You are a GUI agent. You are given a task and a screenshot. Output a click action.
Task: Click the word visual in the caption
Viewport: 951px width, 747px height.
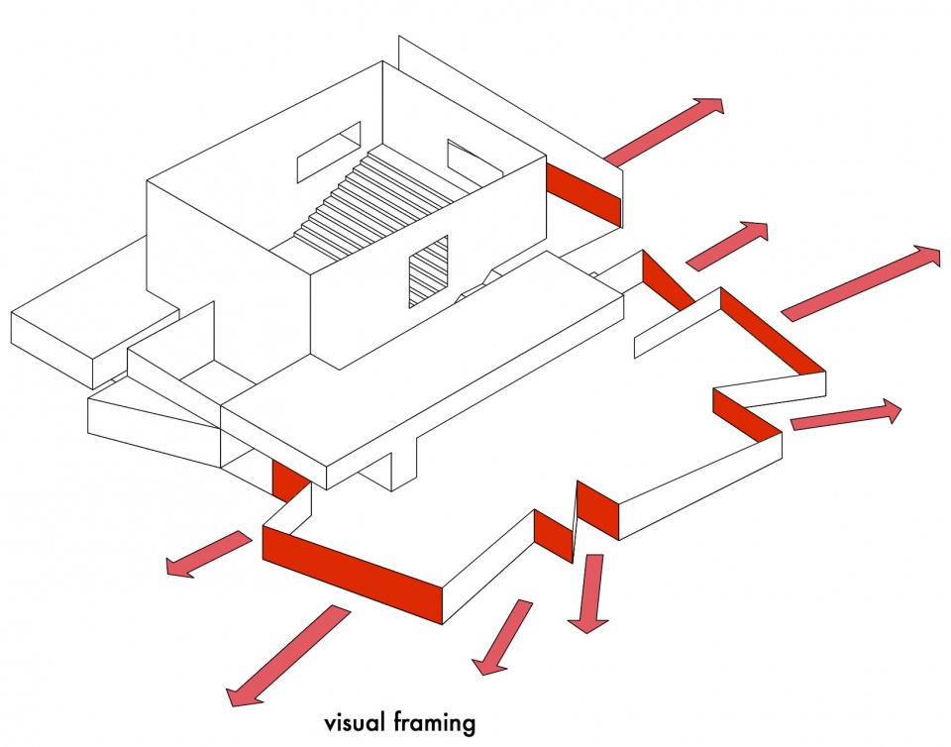click(355, 722)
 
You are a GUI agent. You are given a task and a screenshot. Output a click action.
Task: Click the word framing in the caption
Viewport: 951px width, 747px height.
click(434, 724)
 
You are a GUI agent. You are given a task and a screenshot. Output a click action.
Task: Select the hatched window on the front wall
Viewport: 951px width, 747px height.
click(428, 271)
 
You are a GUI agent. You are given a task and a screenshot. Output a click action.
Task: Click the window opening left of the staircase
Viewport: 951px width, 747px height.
click(328, 152)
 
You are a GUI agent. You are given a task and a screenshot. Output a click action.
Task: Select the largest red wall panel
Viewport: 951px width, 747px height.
click(353, 574)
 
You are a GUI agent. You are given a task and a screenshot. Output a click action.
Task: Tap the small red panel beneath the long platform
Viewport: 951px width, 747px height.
click(287, 480)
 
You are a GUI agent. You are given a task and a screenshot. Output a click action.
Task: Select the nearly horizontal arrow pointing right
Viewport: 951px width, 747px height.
click(846, 415)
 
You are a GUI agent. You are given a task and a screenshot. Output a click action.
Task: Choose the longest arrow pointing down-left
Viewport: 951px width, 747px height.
click(288, 656)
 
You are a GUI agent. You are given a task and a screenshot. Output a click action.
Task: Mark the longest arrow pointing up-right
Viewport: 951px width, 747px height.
click(861, 282)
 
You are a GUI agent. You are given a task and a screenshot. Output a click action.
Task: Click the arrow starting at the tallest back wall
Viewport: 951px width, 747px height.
click(664, 132)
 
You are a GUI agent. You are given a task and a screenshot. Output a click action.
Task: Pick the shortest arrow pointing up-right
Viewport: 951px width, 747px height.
click(727, 246)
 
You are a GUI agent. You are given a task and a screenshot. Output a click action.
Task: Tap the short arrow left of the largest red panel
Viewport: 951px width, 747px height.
click(209, 554)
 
